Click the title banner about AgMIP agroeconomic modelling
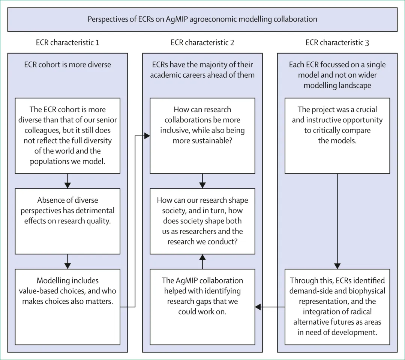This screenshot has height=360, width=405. point(202,19)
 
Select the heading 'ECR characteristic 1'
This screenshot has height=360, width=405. point(67,42)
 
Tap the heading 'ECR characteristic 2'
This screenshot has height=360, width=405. point(202,42)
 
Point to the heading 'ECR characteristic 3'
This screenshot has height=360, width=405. point(337,42)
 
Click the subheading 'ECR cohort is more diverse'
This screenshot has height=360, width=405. point(67,65)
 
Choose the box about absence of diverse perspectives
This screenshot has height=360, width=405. point(67,221)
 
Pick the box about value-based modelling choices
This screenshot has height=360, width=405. point(67,306)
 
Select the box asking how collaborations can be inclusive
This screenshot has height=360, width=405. point(202,136)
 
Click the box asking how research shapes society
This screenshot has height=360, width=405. point(202,221)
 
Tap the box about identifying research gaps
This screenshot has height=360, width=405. point(202,306)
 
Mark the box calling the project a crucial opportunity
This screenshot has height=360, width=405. point(337,136)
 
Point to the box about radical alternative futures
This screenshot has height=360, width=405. point(337,306)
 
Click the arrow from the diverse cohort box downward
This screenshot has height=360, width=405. point(67,181)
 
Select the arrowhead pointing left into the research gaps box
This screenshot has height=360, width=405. point(258,307)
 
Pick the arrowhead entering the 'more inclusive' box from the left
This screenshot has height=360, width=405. point(147,136)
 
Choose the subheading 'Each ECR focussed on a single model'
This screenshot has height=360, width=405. point(337,75)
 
